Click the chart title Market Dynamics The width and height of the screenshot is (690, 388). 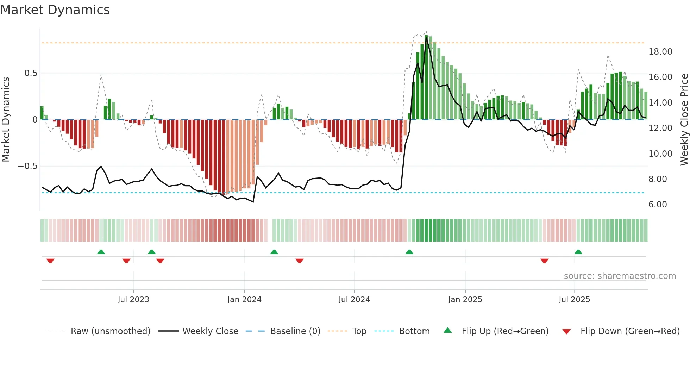pyautogui.click(x=55, y=10)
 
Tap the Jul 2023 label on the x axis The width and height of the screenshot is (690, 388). pyautogui.click(x=133, y=300)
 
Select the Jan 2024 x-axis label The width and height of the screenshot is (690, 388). pyautogui.click(x=244, y=300)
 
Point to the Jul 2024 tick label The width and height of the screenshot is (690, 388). pyautogui.click(x=354, y=300)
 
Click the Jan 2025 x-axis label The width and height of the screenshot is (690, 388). pyautogui.click(x=465, y=300)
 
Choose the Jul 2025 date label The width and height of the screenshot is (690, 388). pyautogui.click(x=574, y=300)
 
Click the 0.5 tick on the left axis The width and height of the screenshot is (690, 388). pyautogui.click(x=31, y=73)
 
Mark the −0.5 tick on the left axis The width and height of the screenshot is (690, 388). pyautogui.click(x=28, y=166)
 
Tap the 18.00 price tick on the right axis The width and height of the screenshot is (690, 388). pyautogui.click(x=660, y=52)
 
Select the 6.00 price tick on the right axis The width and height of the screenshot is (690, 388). pyautogui.click(x=658, y=205)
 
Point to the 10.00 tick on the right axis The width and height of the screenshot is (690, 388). pyautogui.click(x=660, y=154)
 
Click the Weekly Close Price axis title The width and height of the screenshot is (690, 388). pyautogui.click(x=684, y=119)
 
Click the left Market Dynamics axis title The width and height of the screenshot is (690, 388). pyautogui.click(x=6, y=119)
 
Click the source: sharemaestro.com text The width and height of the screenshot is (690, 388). pyautogui.click(x=620, y=276)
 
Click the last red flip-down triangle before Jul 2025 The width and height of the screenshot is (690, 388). pyautogui.click(x=544, y=261)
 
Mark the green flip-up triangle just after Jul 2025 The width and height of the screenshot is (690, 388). pyautogui.click(x=578, y=252)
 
